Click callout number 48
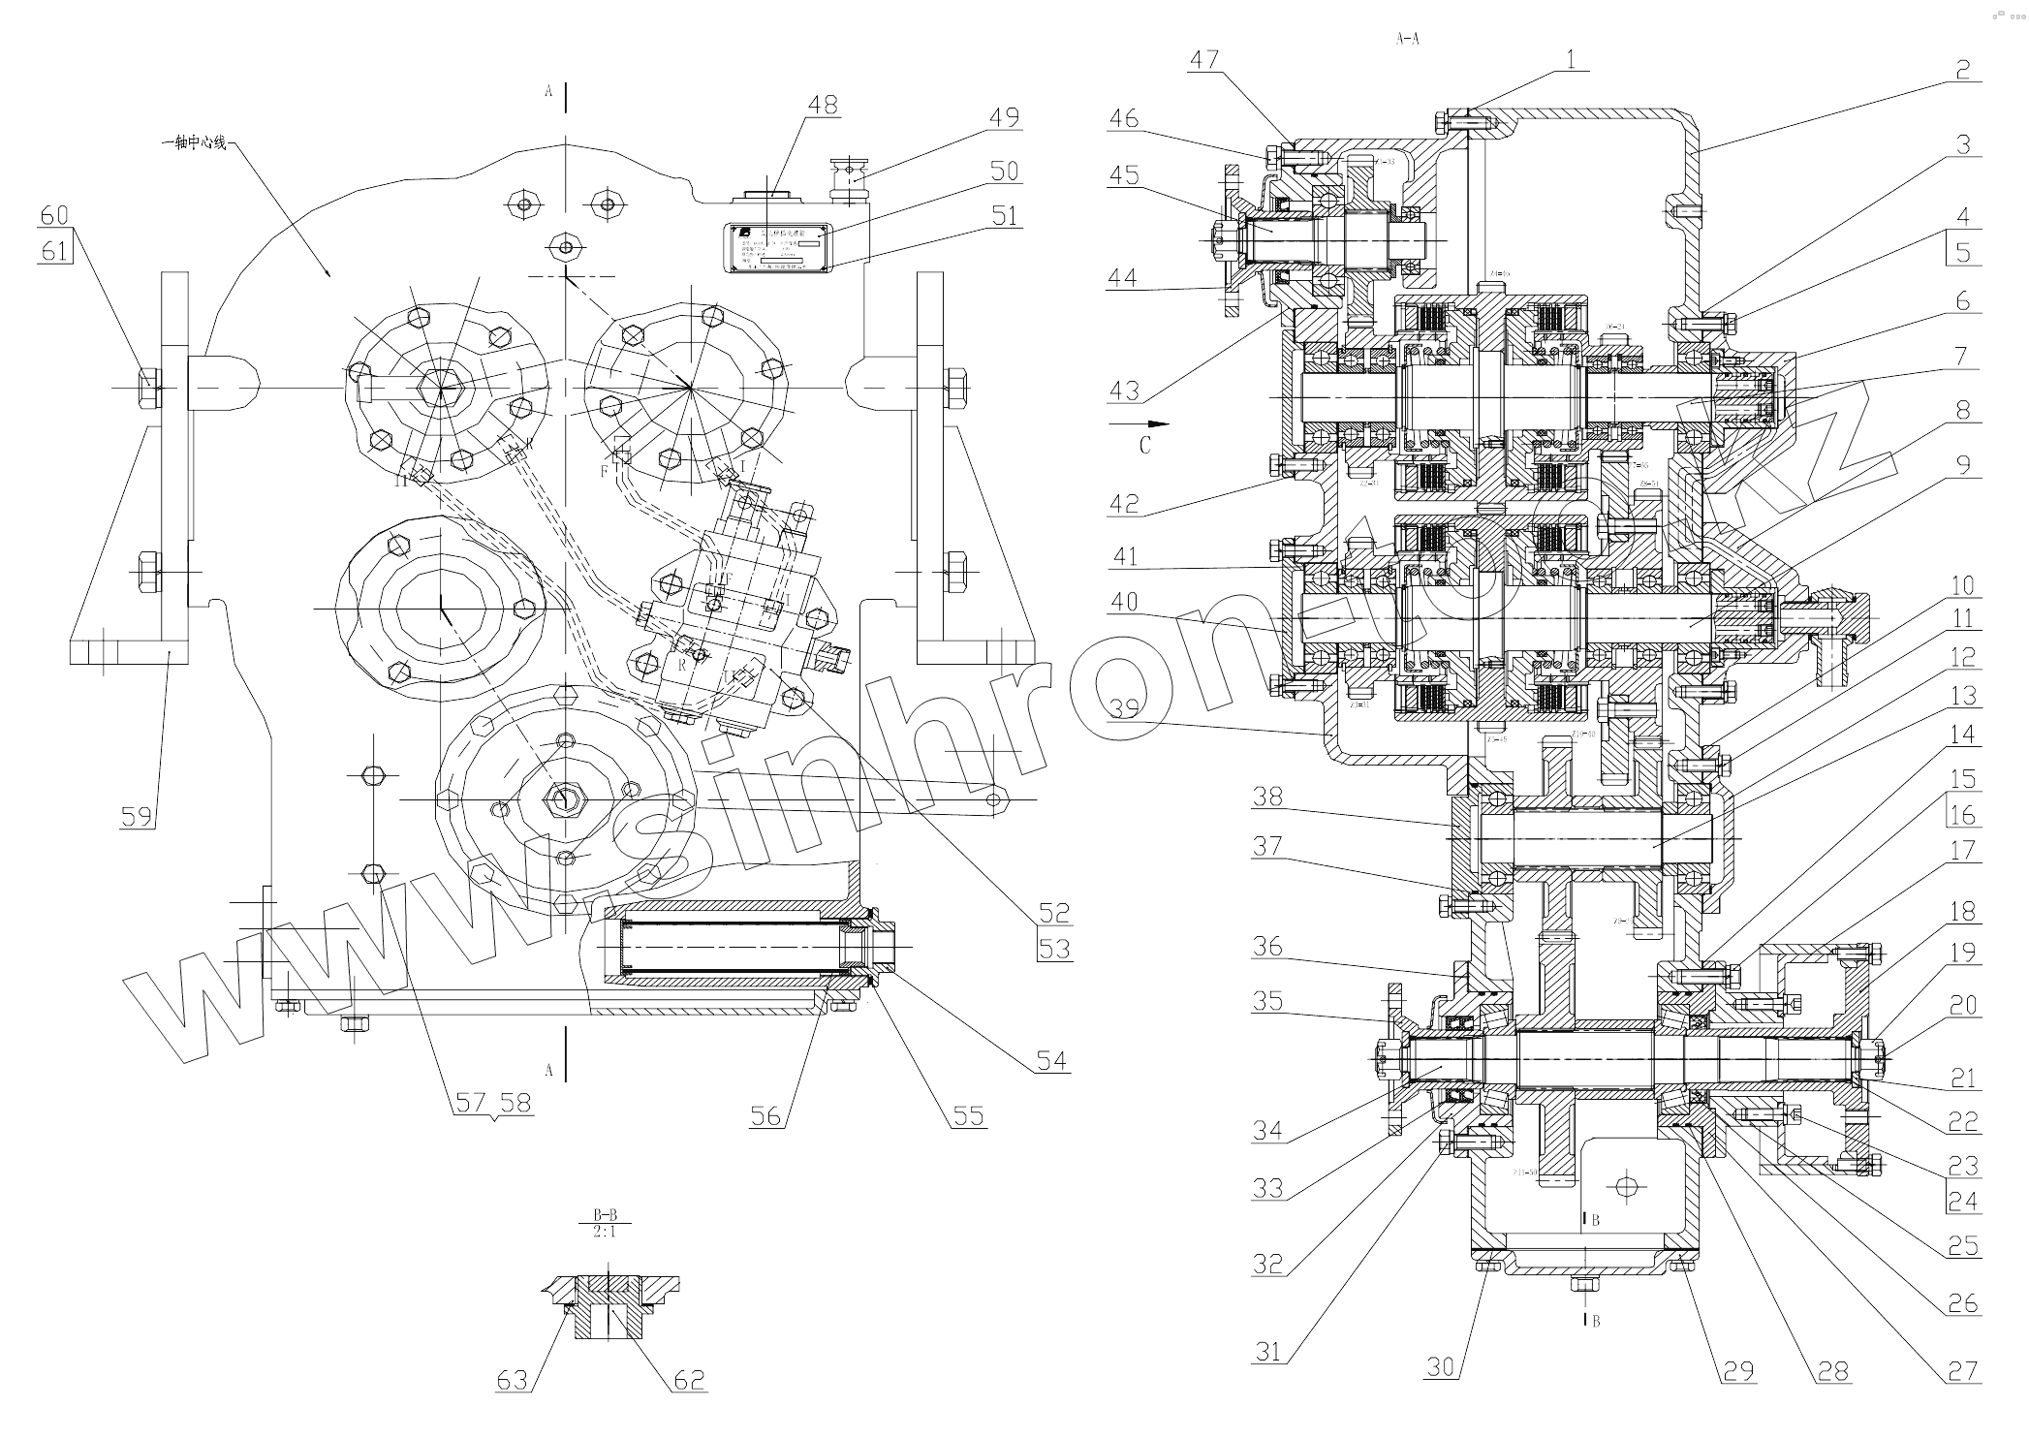[x=823, y=105]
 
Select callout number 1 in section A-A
[x=1570, y=59]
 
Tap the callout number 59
[x=137, y=816]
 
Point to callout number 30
[x=1441, y=1367]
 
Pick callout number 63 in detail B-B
[x=512, y=1379]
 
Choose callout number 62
[x=689, y=1379]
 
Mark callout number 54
[x=1052, y=1061]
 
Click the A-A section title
[x=1407, y=39]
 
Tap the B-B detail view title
[x=606, y=1213]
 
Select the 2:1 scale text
[x=606, y=1233]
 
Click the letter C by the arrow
[x=1145, y=446]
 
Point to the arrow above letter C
[x=1139, y=423]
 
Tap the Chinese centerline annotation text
[x=194, y=143]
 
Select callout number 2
[x=1963, y=70]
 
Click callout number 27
[x=1963, y=1370]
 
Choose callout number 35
[x=1266, y=1001]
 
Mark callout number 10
[x=1963, y=585]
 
